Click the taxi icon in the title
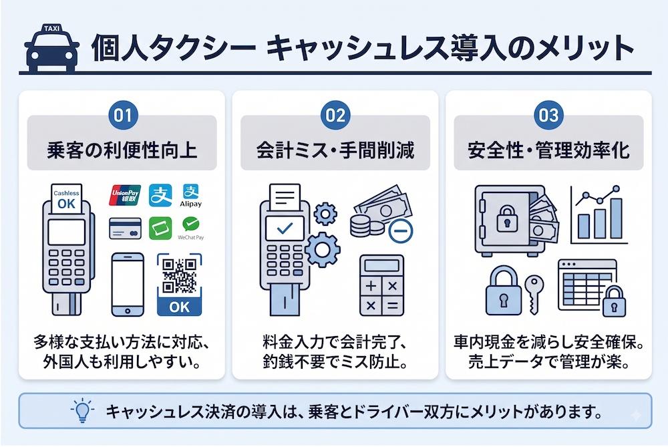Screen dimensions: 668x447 [x=51, y=47]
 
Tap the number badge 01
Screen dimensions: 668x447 [x=123, y=115]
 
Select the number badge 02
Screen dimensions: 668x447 [x=335, y=115]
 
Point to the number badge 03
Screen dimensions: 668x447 [x=548, y=115]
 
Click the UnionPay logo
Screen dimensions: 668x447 [x=125, y=195]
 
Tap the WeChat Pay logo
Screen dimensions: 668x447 [x=190, y=228]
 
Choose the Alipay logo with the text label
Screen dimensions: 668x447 [x=190, y=196]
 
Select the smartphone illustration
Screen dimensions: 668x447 [x=128, y=284]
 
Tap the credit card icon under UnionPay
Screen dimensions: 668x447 [x=126, y=229]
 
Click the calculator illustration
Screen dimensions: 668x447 [x=381, y=285]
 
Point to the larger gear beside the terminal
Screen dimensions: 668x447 [x=323, y=250]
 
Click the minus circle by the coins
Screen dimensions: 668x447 [x=400, y=231]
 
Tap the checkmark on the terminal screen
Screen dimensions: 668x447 [x=285, y=229]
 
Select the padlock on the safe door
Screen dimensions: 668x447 [x=507, y=218]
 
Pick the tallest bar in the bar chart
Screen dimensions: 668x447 [x=616, y=218]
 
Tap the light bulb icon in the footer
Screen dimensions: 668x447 [x=82, y=410]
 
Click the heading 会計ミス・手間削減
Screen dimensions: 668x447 [x=335, y=150]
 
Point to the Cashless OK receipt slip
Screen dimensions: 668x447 [x=66, y=198]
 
